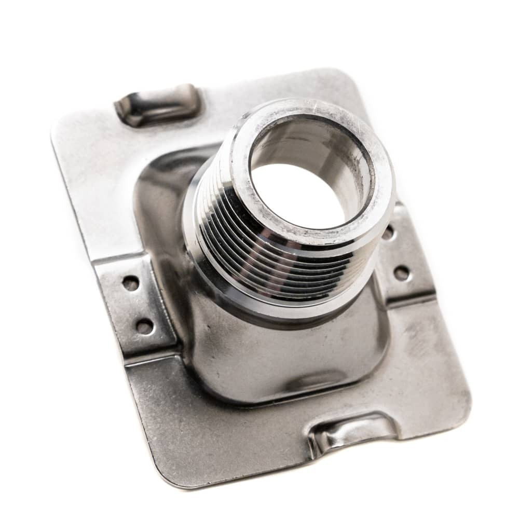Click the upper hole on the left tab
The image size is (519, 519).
click(130, 283)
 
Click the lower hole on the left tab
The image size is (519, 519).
click(144, 326)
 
